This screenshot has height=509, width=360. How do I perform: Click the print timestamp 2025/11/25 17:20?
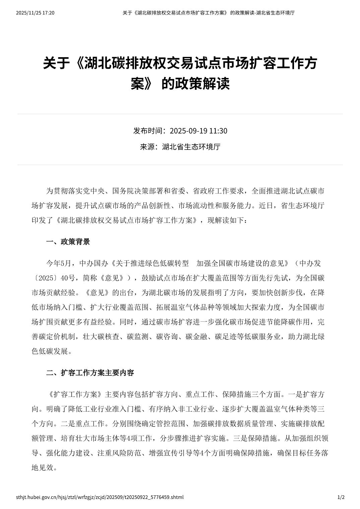[35, 13]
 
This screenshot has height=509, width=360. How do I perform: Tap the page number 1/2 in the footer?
[341, 497]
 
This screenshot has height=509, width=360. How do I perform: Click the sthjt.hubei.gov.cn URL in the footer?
[100, 497]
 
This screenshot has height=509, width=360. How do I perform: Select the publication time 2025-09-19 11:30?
[198, 131]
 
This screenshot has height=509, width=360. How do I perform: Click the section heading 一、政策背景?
[68, 242]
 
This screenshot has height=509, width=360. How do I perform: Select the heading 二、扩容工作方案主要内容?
[90, 373]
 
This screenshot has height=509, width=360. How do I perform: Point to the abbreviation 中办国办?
[94, 263]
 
